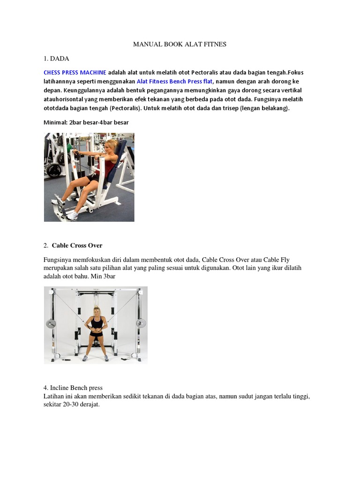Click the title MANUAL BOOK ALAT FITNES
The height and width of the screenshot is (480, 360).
pos(180,44)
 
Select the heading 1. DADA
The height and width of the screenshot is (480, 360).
pos(56,59)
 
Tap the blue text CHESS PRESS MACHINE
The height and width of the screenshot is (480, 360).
pos(75,73)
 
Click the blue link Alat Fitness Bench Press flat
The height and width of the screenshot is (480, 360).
pos(174,82)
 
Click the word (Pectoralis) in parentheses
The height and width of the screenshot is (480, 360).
pos(126,108)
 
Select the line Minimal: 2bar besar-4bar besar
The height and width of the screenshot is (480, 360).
pos(86,122)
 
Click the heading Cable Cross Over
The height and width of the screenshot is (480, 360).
pos(77,246)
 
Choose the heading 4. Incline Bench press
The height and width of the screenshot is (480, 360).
pos(73,388)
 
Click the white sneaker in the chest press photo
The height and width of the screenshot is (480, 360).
pos(72,216)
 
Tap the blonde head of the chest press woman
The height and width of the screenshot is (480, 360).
pos(111,147)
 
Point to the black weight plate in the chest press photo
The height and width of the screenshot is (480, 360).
pos(54,171)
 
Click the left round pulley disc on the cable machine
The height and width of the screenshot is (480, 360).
pos(51,323)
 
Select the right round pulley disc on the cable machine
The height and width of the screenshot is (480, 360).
pos(141,323)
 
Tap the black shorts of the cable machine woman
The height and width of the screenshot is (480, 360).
pos(96,333)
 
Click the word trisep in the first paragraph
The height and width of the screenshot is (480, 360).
pos(230,108)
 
